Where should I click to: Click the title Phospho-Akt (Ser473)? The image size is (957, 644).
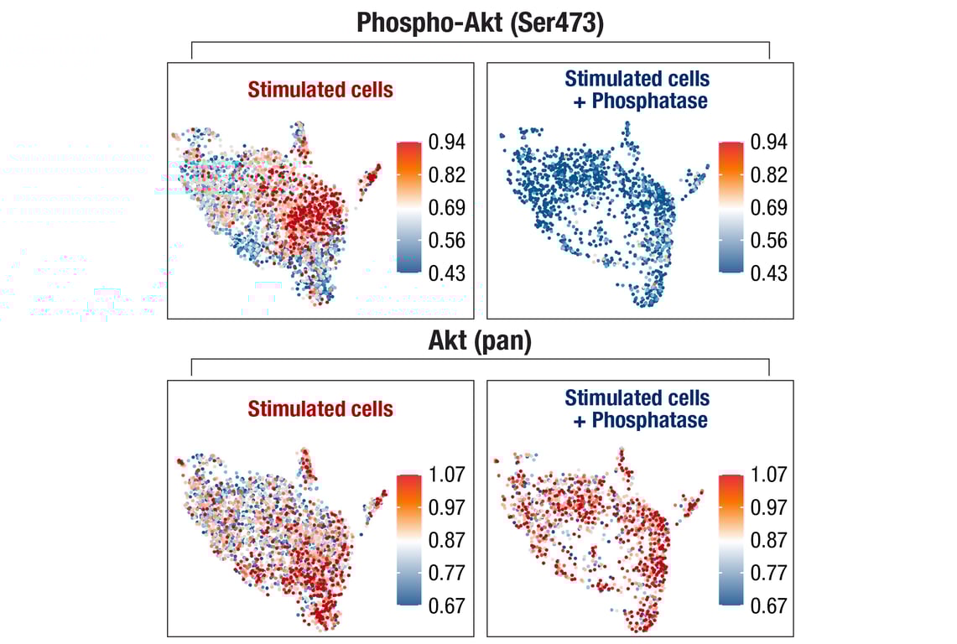coord(480,23)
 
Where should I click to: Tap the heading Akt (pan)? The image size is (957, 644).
coord(480,342)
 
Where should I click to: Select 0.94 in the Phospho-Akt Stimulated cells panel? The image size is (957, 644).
coord(446,142)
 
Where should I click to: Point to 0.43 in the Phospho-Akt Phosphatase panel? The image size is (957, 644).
coord(769,273)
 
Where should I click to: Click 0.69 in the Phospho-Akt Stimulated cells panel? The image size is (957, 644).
coord(446,207)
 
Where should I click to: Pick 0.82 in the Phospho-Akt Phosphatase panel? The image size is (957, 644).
coord(769,174)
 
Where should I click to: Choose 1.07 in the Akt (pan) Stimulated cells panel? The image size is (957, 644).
coord(446,475)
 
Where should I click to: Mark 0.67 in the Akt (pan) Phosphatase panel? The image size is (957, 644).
coord(769,605)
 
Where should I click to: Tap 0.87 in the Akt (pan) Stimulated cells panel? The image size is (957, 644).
coord(446,540)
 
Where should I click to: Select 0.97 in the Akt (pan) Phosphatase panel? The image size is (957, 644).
coord(769,507)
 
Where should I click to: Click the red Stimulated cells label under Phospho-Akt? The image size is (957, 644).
coord(320,90)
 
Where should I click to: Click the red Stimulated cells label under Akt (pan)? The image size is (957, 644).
coord(320,409)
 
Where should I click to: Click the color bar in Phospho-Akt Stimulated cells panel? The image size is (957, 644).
coord(408,207)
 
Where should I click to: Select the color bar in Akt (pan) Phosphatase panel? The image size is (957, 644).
coord(731,539)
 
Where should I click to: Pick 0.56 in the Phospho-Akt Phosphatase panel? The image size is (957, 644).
coord(769,241)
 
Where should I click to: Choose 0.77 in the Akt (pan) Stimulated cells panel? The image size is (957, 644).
coord(446,573)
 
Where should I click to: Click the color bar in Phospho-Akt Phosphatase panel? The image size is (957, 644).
coord(731,207)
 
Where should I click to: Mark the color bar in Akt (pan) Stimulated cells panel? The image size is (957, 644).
coord(408,539)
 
